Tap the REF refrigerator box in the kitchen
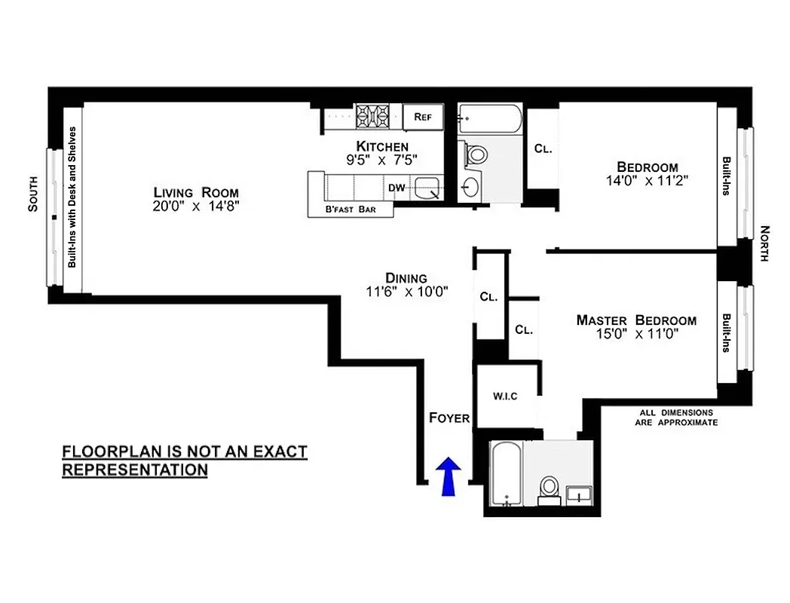(x=422, y=117)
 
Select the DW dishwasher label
(x=397, y=188)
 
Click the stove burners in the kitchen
(x=372, y=116)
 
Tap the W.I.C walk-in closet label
(x=505, y=396)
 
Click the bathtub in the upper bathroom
(x=489, y=117)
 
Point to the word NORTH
(x=764, y=243)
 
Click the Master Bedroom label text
(x=635, y=320)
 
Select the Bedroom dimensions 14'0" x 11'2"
(x=647, y=181)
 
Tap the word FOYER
(x=449, y=418)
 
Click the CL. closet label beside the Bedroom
(x=543, y=148)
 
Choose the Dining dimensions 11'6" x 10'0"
(x=406, y=292)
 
